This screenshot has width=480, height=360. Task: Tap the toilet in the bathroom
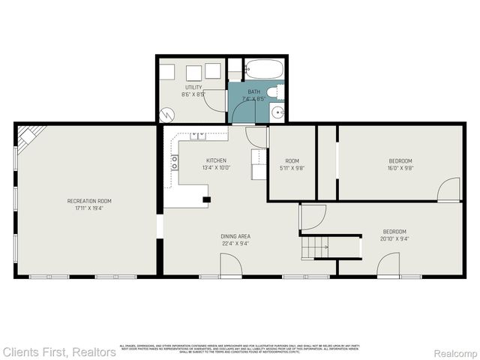click(x=275, y=92)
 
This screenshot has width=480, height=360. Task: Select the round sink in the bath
click(x=278, y=113)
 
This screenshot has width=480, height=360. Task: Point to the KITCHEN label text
click(x=216, y=160)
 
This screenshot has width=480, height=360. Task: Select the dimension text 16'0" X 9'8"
click(x=400, y=168)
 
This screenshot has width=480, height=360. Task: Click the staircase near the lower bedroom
click(x=315, y=245)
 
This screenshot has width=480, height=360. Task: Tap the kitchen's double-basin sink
click(x=199, y=136)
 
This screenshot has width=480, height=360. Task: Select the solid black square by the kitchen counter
click(x=207, y=199)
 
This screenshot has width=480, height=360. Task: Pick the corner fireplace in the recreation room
click(x=29, y=136)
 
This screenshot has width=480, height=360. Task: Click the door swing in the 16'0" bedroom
click(x=449, y=190)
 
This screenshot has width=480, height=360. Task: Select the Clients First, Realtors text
click(x=58, y=351)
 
